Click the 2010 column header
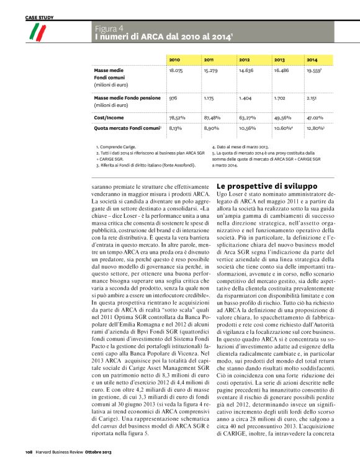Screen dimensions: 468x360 tap(174, 60)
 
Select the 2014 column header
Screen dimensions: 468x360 tap(312, 60)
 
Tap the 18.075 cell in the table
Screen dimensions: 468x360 tap(176, 71)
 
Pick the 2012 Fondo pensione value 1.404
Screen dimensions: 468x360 tap(245, 98)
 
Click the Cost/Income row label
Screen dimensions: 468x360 tap(107, 117)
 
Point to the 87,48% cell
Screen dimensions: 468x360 tap(212, 117)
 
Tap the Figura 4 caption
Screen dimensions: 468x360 tap(109, 29)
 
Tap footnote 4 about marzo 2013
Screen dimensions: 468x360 tap(241, 146)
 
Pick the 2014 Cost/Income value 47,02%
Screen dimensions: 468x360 tap(315, 117)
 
